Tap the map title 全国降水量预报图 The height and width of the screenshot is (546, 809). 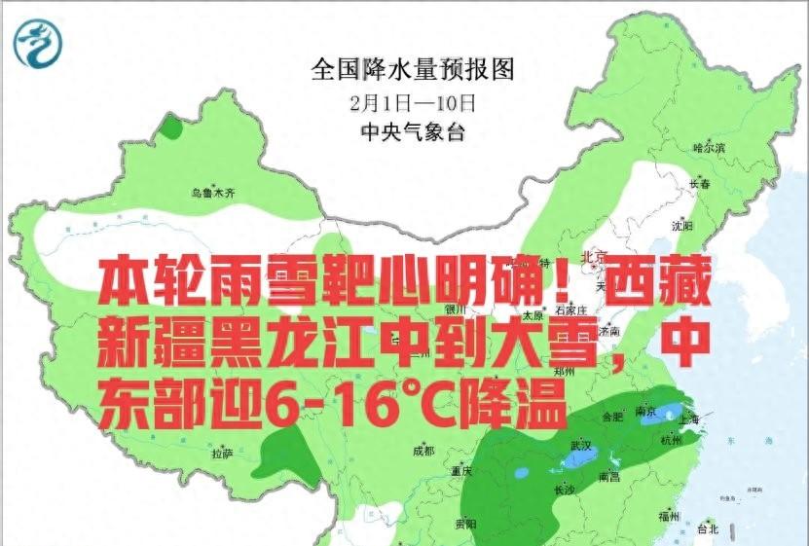tap(412, 68)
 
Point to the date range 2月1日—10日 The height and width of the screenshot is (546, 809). tap(412, 100)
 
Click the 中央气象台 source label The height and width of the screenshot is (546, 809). tap(412, 131)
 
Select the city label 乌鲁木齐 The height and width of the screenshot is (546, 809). tap(213, 193)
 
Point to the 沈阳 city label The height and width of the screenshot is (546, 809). tap(682, 226)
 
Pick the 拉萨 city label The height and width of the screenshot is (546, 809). tap(222, 453)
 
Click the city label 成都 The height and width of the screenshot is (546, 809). tap(423, 451)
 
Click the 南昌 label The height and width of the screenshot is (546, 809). tap(609, 477)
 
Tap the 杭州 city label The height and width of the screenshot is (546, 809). tap(671, 440)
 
